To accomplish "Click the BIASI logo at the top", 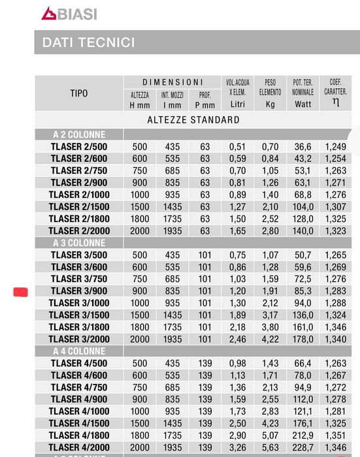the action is tap(69, 13).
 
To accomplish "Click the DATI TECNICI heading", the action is tap(88, 42).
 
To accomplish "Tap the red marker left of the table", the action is tap(20, 292).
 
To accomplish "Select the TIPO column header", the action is tap(79, 93).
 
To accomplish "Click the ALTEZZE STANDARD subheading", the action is tap(193, 120).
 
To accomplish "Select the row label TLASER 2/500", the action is tap(79, 147).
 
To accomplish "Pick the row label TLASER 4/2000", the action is tap(79, 447).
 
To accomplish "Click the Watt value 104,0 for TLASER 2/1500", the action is tap(303, 207).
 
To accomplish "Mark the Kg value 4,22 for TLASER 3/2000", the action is tap(270, 339).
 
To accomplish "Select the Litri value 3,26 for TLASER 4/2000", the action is tap(237, 447).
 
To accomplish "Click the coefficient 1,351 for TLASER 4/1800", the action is tap(335, 435).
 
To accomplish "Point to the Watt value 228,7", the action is tap(303, 447).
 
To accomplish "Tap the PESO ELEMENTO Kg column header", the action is tap(270, 93).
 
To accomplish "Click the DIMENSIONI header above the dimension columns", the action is tap(172, 82).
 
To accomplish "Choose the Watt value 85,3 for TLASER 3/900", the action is tap(303, 291).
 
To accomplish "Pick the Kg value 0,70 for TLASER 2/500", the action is tap(270, 147).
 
